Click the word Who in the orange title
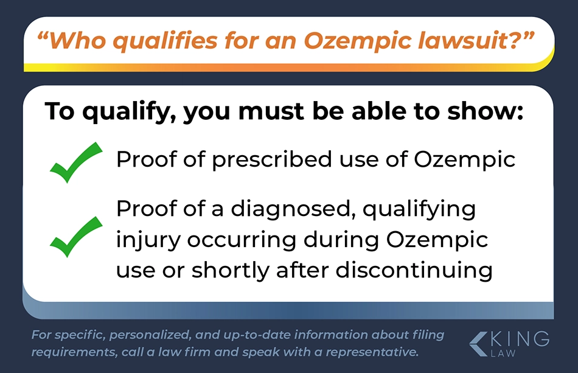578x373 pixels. [75, 40]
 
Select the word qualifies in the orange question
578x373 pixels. [165, 41]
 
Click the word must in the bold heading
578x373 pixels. [271, 111]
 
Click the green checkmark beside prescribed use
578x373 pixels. [75, 162]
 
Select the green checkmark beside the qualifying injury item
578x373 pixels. [75, 237]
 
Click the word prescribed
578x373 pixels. [272, 160]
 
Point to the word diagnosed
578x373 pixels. [293, 209]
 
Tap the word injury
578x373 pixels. [148, 240]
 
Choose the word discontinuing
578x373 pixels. [414, 270]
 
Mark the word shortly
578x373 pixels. [231, 271]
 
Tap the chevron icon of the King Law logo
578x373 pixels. [479, 344]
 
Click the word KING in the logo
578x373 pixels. [520, 338]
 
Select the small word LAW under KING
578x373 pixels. [503, 353]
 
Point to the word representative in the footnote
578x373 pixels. [372, 352]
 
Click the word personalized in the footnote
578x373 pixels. [150, 335]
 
